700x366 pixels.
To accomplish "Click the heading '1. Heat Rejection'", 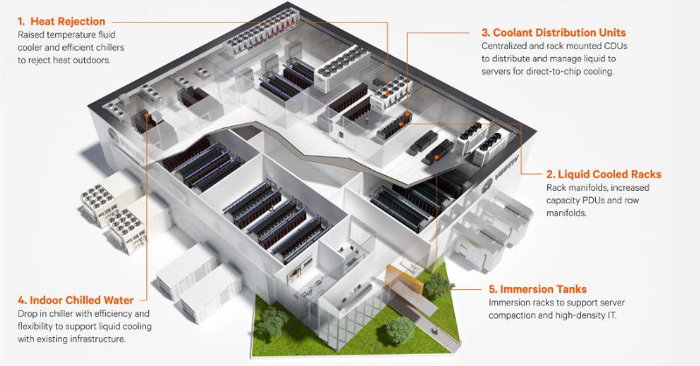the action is [x=58, y=19].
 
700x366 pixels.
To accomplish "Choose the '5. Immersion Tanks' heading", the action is [x=539, y=287].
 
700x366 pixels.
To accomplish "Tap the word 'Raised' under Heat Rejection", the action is [x=32, y=35].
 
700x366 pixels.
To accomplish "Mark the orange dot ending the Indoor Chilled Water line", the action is [x=146, y=114].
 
